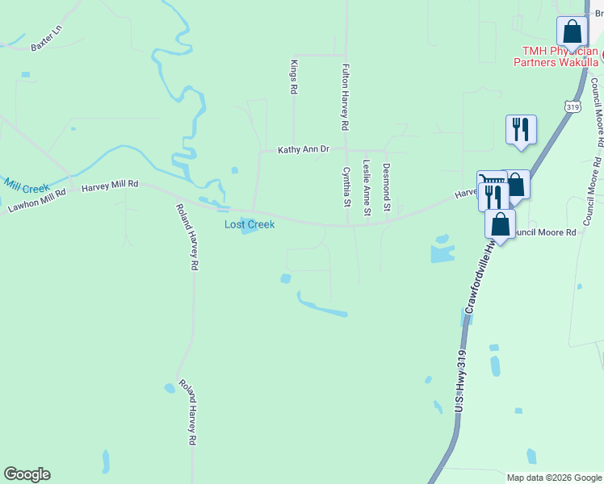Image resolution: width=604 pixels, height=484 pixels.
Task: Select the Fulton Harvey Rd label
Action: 345,98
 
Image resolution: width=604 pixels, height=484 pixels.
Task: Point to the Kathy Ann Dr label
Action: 304,150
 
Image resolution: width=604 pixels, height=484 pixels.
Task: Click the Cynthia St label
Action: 346,187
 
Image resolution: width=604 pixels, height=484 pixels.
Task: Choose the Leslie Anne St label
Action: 367,188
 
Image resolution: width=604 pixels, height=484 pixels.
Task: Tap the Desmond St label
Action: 387,187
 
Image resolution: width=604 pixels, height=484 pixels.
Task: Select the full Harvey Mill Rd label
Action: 110,185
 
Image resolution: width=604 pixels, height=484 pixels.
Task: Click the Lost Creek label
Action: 250,224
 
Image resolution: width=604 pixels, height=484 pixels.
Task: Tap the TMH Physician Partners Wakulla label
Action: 560,56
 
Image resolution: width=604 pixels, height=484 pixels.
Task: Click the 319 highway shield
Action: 573,106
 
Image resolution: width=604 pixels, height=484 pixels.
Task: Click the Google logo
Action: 27,474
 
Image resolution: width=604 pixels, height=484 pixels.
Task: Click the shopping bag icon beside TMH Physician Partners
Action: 572,32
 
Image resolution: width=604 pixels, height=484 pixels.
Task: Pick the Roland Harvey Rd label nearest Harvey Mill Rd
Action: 187,236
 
